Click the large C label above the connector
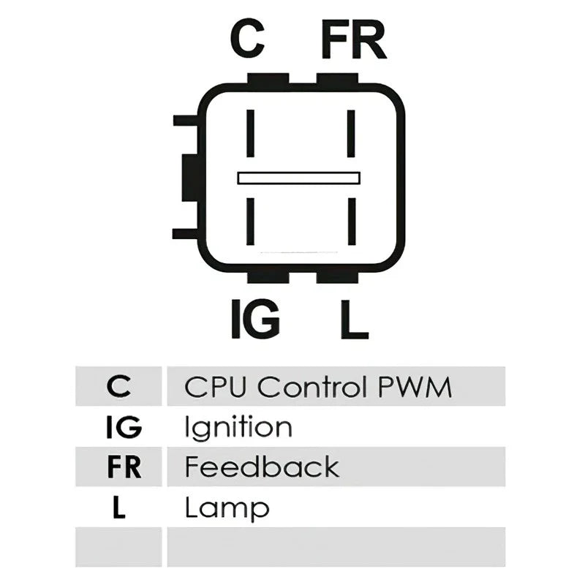coord(247,39)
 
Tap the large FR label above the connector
coord(354,40)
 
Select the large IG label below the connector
coord(255,319)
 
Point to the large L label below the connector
coord(355,320)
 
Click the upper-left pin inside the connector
coord(250,133)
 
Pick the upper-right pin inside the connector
coord(351,133)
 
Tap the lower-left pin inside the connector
coord(250,222)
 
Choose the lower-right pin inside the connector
coord(352,222)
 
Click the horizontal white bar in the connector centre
coord(299,178)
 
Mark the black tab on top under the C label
coord(268,78)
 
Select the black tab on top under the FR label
coord(337,78)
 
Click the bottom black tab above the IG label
coord(268,278)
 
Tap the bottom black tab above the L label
coord(337,278)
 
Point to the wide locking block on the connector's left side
coord(190,178)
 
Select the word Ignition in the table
coord(238,428)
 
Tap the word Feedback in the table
coord(262,467)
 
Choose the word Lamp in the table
coord(227,508)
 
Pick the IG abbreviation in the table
coord(124,427)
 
